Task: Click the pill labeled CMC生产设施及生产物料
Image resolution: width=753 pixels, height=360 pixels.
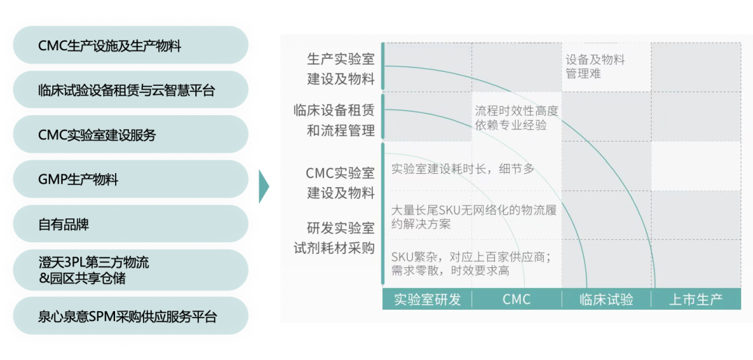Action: [130, 46]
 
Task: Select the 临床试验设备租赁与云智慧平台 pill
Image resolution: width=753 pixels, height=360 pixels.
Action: [130, 91]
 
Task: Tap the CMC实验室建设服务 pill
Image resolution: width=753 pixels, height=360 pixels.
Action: [130, 135]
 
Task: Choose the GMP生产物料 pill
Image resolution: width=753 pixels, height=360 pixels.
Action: [130, 179]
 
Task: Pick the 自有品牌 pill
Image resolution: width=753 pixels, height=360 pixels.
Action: [130, 224]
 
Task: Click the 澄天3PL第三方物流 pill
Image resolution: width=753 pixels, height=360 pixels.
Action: [130, 270]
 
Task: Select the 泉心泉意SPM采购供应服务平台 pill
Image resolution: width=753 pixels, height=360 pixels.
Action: [130, 316]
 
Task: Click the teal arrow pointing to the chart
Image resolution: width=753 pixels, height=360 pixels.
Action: [264, 186]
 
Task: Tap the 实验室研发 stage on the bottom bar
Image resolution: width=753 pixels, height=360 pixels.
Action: [427, 299]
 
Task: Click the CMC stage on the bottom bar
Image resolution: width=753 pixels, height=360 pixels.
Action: [517, 299]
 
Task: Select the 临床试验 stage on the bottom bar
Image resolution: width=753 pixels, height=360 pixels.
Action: [607, 299]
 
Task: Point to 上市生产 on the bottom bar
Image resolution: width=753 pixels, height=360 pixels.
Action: [695, 299]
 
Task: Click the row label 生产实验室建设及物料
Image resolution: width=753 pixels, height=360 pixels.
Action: [341, 69]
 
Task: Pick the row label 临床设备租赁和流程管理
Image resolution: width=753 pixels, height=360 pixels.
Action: [334, 120]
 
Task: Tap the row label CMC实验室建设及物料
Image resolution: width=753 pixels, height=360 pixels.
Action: [340, 183]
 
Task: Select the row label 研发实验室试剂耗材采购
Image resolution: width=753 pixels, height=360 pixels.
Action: [334, 238]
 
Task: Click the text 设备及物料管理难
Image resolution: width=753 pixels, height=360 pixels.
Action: [595, 66]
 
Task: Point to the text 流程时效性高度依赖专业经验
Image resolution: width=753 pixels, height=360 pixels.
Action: [517, 117]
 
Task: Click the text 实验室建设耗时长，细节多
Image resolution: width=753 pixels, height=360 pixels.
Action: [463, 168]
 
